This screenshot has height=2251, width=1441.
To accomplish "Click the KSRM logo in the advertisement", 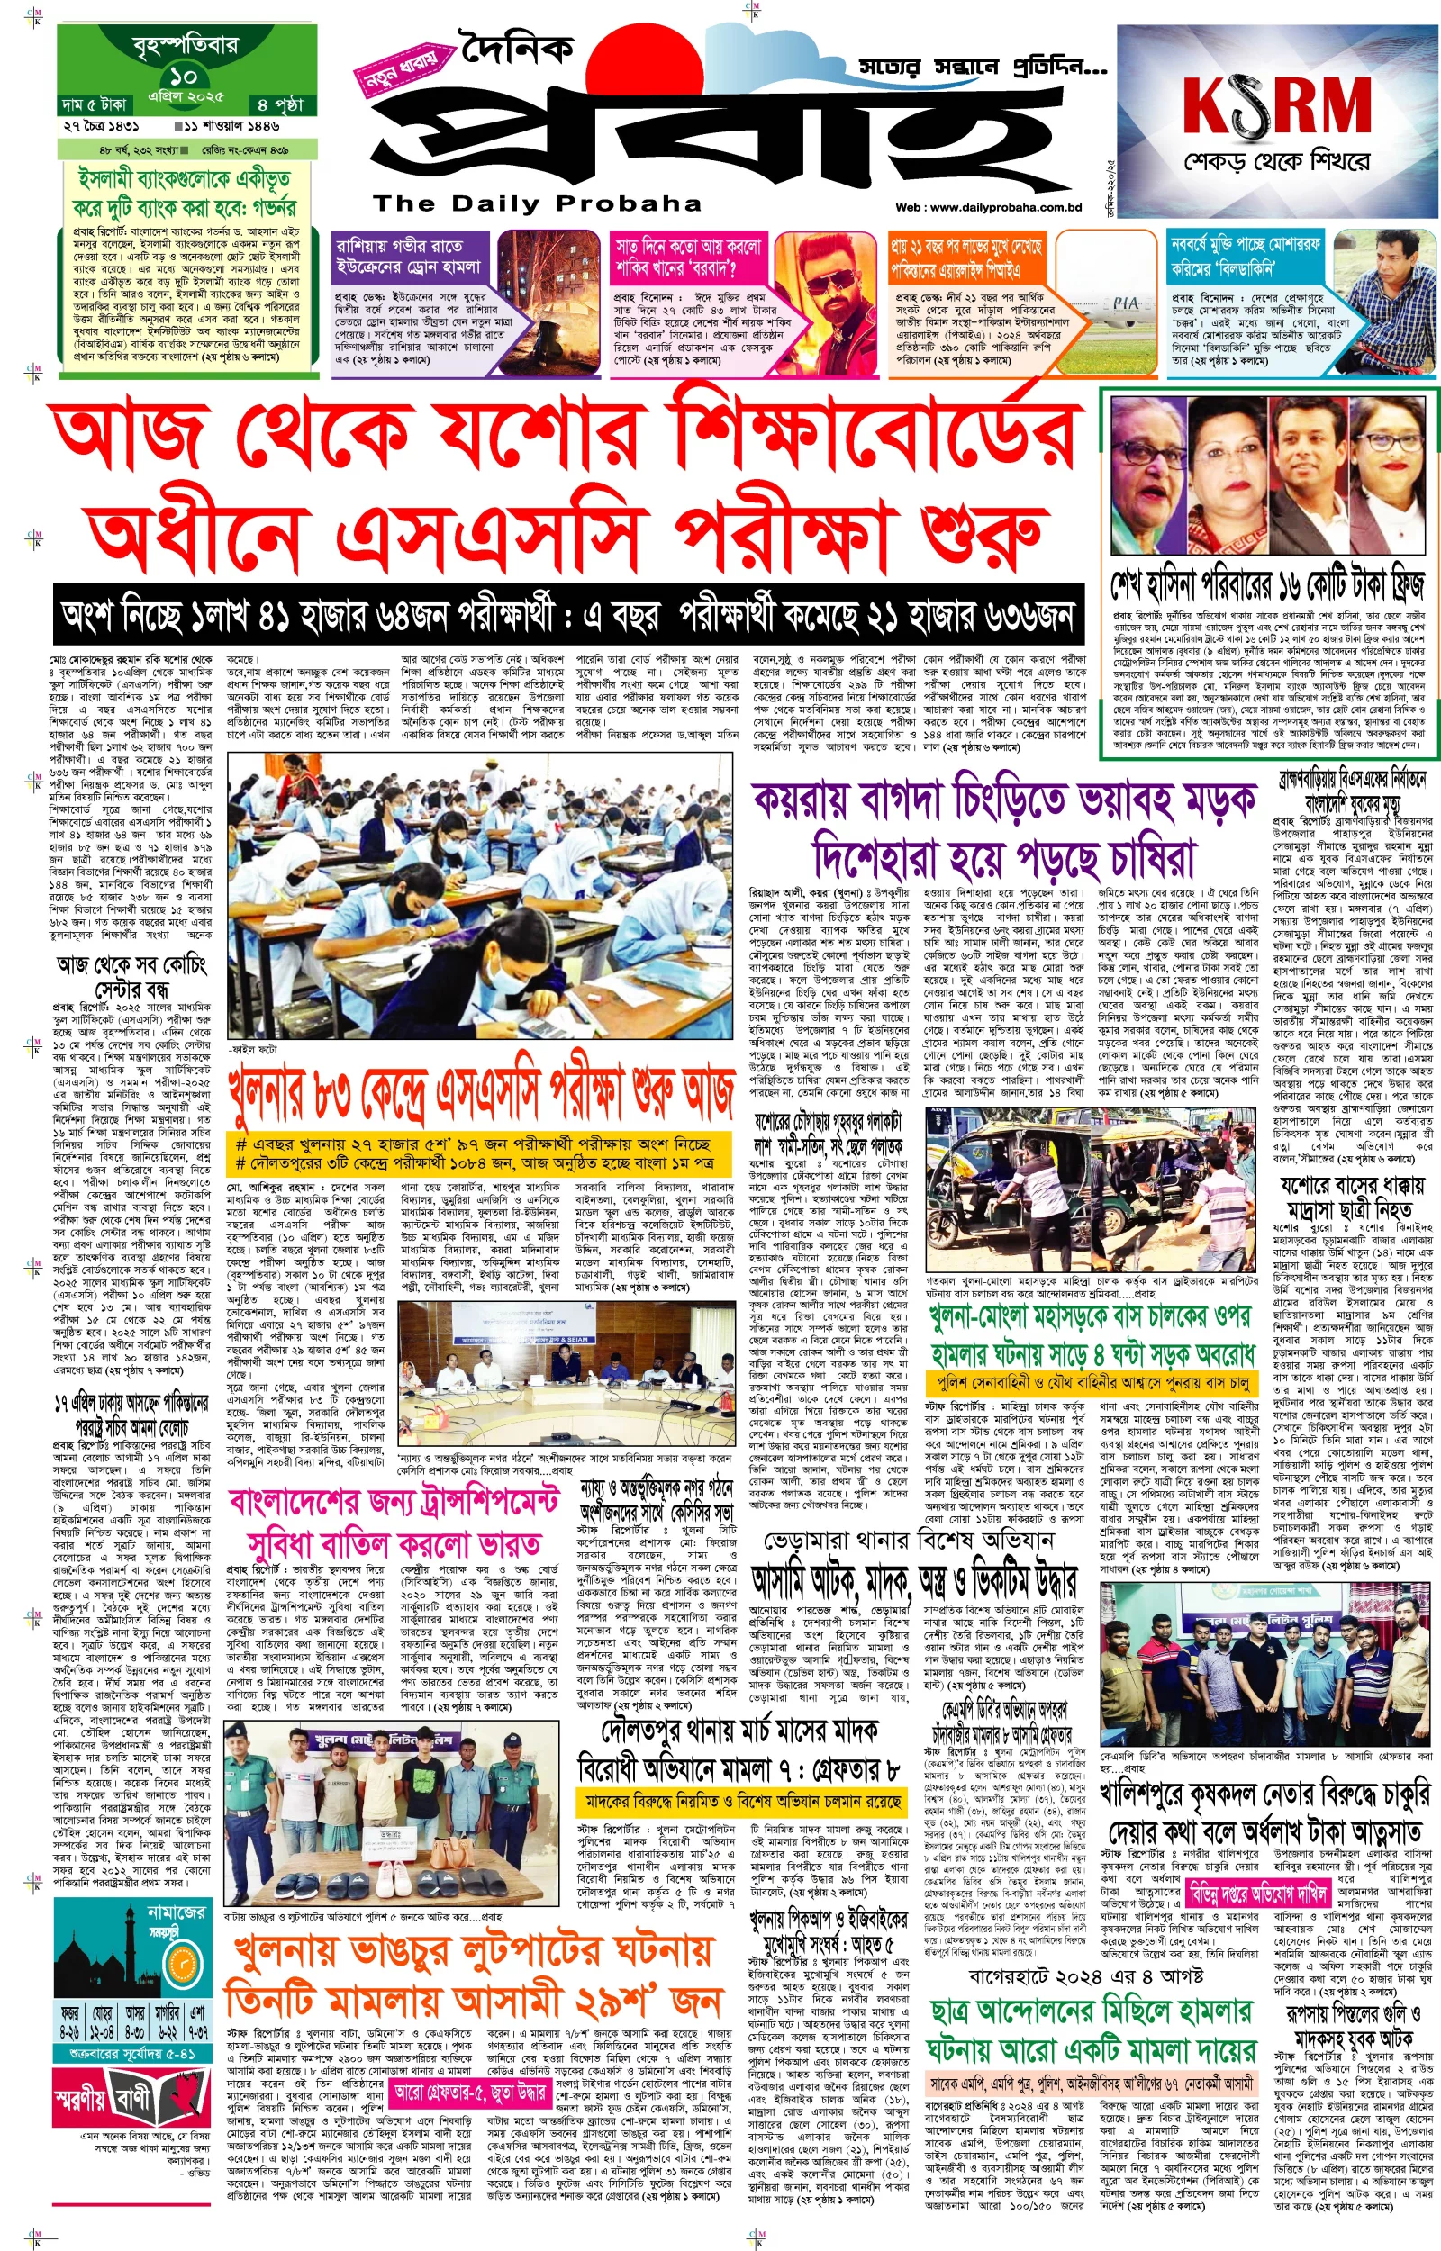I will point(1277,104).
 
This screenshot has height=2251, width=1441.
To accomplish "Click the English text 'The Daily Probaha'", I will point(537,203).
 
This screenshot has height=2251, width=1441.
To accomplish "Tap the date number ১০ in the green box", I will point(184,76).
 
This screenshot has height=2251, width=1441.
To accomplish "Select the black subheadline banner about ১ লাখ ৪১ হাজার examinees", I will point(568,615).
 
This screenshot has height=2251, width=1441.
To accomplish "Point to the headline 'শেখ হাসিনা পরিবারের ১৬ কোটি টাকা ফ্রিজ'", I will point(1268,584).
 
